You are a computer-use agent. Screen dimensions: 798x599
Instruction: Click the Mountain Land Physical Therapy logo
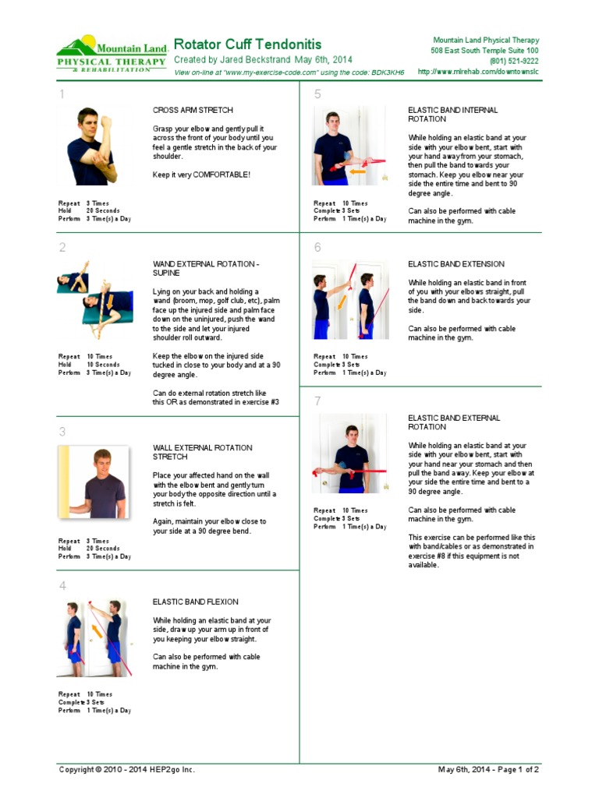pyautogui.click(x=112, y=54)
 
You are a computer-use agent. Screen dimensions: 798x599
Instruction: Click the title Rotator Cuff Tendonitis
pyautogui.click(x=246, y=44)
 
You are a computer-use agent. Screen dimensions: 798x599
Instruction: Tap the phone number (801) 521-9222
pyautogui.click(x=513, y=61)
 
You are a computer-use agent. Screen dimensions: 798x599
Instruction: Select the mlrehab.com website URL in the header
pyautogui.click(x=478, y=72)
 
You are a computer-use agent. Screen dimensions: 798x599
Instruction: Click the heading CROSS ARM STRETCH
pyautogui.click(x=192, y=111)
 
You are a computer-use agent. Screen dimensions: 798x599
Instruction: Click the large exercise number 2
pyautogui.click(x=62, y=249)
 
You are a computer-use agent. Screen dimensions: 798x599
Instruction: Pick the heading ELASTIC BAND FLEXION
pyautogui.click(x=195, y=602)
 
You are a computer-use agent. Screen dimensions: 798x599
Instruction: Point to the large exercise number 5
pyautogui.click(x=317, y=95)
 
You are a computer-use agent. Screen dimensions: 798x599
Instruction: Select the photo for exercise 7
pyautogui.click(x=349, y=453)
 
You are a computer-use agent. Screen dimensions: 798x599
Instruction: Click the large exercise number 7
pyautogui.click(x=317, y=401)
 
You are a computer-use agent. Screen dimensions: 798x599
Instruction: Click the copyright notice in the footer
pyautogui.click(x=127, y=769)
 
